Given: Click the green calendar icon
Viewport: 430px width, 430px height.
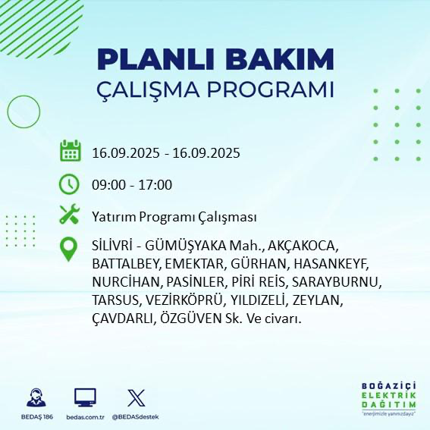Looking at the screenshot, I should coord(70,152).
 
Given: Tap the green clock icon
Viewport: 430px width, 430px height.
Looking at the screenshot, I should coord(70,184).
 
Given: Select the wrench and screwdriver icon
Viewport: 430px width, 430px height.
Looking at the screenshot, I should coord(70,215).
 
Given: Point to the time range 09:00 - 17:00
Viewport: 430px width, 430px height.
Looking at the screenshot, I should coord(132,185).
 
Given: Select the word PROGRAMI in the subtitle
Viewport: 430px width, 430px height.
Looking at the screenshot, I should coord(272,89).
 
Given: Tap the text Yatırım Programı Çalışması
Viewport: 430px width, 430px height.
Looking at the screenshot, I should coord(174,217).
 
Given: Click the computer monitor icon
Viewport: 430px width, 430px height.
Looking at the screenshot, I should coord(85,398).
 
